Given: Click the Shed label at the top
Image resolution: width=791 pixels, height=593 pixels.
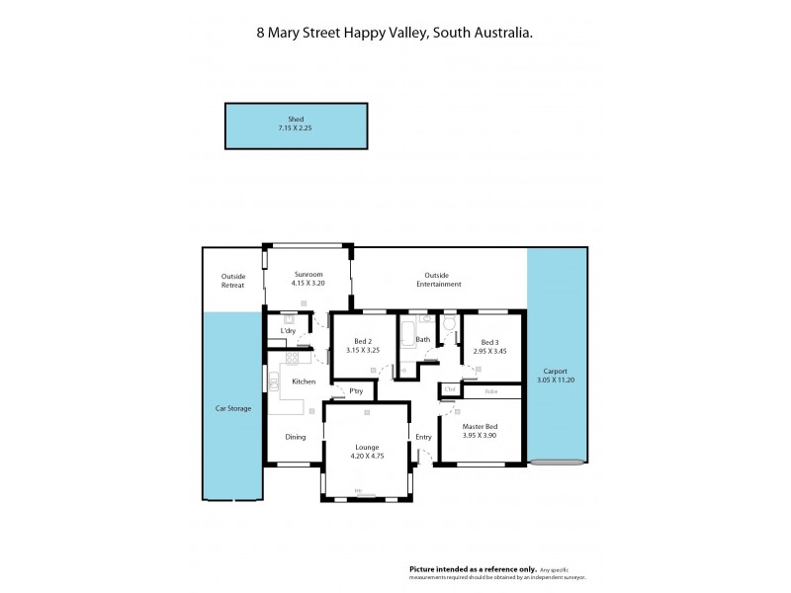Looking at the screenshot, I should point(296,119).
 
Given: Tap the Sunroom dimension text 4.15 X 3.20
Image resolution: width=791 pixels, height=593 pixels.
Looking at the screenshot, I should point(308,284).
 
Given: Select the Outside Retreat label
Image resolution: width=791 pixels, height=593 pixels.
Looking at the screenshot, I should point(232,281).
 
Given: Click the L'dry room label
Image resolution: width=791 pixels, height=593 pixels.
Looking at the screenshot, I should point(288,330).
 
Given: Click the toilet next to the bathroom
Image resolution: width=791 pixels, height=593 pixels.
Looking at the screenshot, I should point(449,323).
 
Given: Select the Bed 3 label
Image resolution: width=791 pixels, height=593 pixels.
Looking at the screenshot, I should point(490,341).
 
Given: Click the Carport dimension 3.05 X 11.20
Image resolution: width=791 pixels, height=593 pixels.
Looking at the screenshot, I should point(557,381).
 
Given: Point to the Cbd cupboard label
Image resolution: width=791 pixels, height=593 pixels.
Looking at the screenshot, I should point(450,388).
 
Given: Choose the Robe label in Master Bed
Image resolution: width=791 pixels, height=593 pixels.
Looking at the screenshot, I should point(490,391).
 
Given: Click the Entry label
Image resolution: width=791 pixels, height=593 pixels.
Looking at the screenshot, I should point(424,437).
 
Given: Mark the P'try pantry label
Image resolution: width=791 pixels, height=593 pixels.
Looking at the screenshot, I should point(355,392).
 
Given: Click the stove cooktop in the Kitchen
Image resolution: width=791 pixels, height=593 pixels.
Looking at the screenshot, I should point(292,359).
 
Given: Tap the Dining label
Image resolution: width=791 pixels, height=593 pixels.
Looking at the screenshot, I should point(296,437).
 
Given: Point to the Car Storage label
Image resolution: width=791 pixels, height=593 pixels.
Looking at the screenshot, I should point(233,407).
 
